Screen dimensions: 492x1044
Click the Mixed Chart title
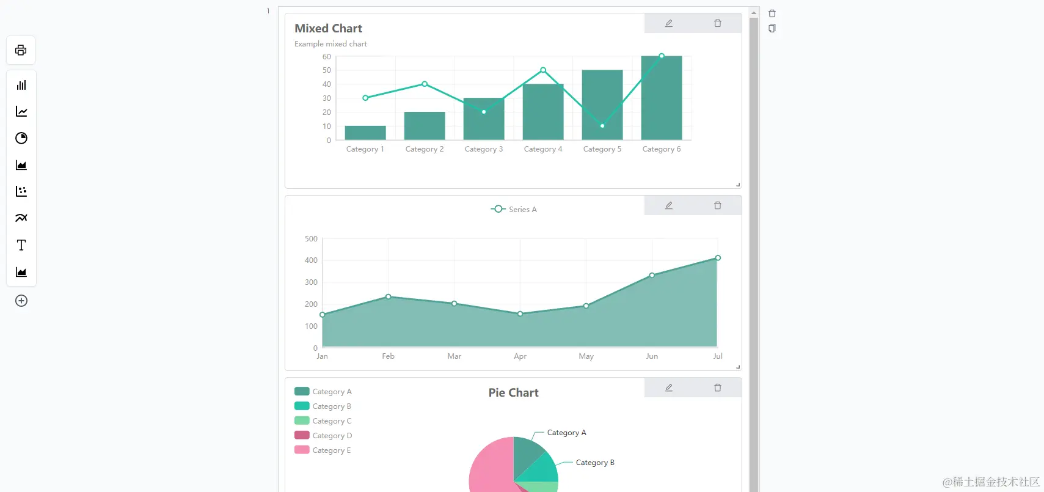click(x=328, y=29)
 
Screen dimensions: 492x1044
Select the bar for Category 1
click(x=365, y=133)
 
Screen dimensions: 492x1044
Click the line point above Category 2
click(x=425, y=84)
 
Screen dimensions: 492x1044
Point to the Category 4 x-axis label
click(x=542, y=149)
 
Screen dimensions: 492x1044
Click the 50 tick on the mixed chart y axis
click(x=327, y=70)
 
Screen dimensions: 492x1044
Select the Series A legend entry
click(x=514, y=210)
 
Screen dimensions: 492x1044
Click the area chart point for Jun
click(x=652, y=276)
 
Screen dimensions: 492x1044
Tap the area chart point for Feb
click(x=389, y=297)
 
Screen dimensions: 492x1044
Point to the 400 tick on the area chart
click(x=311, y=260)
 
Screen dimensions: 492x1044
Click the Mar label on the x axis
click(x=454, y=356)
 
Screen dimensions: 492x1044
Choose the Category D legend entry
click(x=323, y=436)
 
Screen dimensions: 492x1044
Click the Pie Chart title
click(x=513, y=393)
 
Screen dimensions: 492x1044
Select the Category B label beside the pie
click(x=594, y=463)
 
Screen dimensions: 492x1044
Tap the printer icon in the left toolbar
click(x=21, y=50)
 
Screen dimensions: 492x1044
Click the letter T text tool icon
click(x=21, y=245)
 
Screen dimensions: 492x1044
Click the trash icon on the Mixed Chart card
click(x=718, y=23)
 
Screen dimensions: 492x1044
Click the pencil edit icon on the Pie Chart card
click(x=669, y=387)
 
